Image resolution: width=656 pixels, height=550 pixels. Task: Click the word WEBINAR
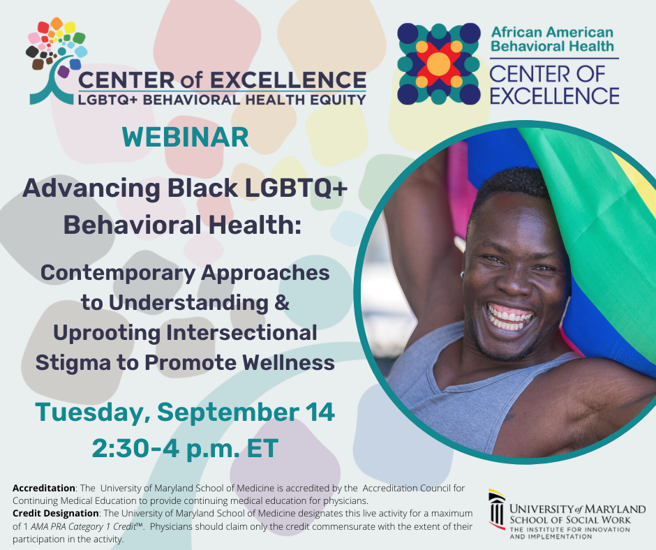[186, 137]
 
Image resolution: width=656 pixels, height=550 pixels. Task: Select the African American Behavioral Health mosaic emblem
[438, 64]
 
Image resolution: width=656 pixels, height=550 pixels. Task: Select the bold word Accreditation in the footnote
[44, 488]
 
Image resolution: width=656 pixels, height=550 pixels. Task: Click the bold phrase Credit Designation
[56, 513]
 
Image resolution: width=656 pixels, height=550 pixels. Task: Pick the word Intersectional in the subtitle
[241, 333]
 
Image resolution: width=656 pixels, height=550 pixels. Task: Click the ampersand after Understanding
[282, 303]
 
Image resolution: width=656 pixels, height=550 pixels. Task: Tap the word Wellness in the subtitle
[289, 362]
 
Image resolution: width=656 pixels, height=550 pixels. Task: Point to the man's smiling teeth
[509, 318]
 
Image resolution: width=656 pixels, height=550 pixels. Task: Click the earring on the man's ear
[462, 275]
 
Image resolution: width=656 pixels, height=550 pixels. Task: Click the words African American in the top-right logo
[552, 32]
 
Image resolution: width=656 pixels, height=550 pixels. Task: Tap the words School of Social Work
[570, 520]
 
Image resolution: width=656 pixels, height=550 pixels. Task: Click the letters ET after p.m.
[262, 448]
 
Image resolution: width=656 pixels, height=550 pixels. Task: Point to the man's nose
[514, 283]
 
